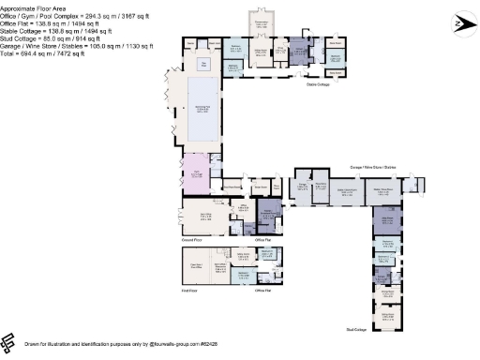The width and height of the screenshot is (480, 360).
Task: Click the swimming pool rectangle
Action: coord(202,111)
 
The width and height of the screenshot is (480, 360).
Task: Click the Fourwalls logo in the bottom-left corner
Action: coord(9,340)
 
